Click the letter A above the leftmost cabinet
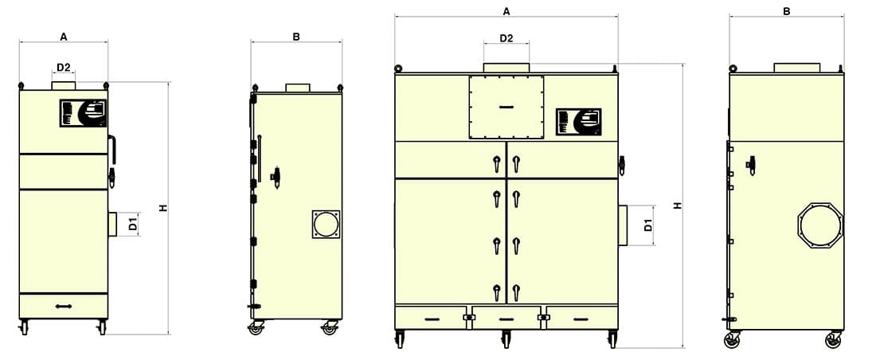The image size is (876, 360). (64, 37)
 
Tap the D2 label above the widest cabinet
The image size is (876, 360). (506, 38)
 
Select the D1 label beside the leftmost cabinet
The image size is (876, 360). (133, 224)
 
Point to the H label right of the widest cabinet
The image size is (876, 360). (678, 205)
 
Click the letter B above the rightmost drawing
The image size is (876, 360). (787, 11)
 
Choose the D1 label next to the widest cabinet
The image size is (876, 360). (648, 225)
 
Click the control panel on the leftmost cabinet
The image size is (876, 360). (83, 113)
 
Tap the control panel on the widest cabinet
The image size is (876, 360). (579, 122)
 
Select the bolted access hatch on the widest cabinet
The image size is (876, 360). (506, 107)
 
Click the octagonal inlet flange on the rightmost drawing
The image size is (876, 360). (820, 226)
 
